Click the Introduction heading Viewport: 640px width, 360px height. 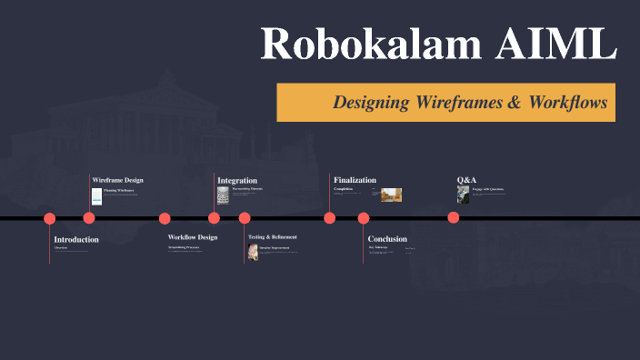pyautogui.click(x=76, y=239)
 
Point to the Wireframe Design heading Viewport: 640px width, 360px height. pyautogui.click(x=117, y=180)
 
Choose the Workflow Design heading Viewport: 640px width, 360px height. pyautogui.click(x=193, y=237)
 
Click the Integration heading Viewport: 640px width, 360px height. pyautogui.click(x=236, y=180)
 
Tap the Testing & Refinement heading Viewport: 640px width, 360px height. pyautogui.click(x=273, y=237)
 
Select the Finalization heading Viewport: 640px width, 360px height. pyautogui.click(x=355, y=180)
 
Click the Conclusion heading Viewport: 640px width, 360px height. pyautogui.click(x=387, y=239)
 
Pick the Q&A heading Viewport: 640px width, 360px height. pyautogui.click(x=466, y=180)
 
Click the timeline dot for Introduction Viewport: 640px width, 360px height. pyautogui.click(x=50, y=218)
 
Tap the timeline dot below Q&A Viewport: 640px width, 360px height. pyautogui.click(x=453, y=218)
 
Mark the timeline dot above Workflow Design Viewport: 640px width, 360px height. pyautogui.click(x=165, y=218)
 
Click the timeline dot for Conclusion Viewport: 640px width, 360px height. pyautogui.click(x=364, y=218)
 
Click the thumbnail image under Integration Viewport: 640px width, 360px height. pyautogui.click(x=222, y=195)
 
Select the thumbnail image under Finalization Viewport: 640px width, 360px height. pyautogui.click(x=391, y=195)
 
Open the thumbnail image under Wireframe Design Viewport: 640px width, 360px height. pyautogui.click(x=96, y=195)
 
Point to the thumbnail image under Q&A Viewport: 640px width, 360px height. pyautogui.click(x=463, y=195)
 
